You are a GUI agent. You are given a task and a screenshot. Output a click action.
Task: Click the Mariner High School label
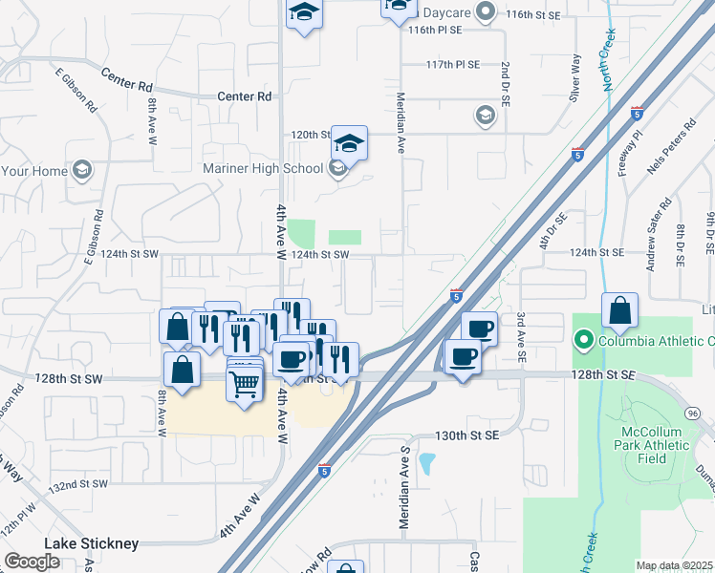click(264, 169)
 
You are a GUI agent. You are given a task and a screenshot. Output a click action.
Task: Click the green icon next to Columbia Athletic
click(582, 340)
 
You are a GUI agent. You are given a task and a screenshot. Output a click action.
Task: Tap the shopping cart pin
click(245, 385)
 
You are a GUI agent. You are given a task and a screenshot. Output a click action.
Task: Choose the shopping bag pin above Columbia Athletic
click(619, 311)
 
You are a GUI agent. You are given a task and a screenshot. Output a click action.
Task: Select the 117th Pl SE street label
click(452, 65)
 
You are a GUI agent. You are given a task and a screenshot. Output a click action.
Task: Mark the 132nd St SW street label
click(79, 485)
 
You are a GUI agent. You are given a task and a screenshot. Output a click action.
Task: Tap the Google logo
click(32, 562)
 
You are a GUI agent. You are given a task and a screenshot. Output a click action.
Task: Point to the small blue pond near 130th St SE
click(426, 464)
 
